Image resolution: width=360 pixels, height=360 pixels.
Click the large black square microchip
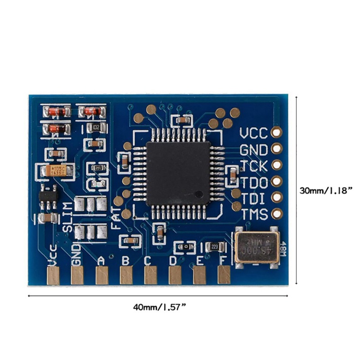pyautogui.click(x=178, y=173)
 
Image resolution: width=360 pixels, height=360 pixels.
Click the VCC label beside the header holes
pyautogui.click(x=253, y=133)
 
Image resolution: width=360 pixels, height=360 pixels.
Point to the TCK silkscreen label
pyautogui.click(x=254, y=166)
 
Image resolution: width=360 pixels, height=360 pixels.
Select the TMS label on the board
pyautogui.click(x=254, y=213)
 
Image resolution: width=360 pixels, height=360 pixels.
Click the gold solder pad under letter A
pyautogui.click(x=102, y=275)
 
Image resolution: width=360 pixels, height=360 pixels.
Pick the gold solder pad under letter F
pyautogui.click(x=224, y=275)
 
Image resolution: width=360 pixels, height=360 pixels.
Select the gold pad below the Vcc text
pyautogui.click(x=53, y=275)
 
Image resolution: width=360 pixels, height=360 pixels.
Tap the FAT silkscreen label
pyautogui.click(x=115, y=218)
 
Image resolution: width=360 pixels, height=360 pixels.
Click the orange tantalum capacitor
pyautogui.click(x=56, y=171)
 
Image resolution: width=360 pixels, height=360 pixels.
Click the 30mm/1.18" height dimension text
pyautogui.click(x=325, y=190)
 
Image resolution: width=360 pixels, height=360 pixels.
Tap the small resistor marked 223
pyautogui.click(x=214, y=247)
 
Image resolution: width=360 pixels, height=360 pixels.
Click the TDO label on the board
pyautogui.click(x=254, y=182)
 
